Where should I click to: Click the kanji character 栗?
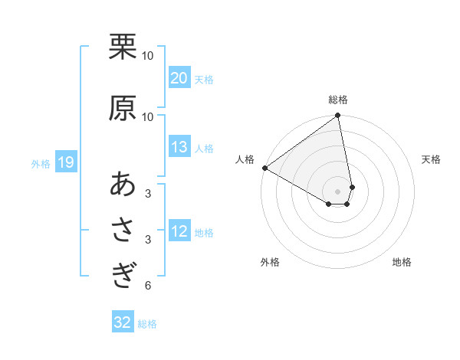[x=123, y=47]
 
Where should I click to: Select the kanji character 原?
[x=123, y=109]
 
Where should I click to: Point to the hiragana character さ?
[x=123, y=231]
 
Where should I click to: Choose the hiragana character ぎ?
[x=123, y=274]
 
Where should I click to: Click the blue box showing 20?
[x=179, y=78]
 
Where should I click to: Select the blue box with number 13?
[x=179, y=147]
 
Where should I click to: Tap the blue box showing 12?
[x=179, y=231]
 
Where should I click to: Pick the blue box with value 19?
[x=65, y=162]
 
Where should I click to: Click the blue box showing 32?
[x=123, y=322]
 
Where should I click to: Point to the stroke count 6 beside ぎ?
[x=147, y=286]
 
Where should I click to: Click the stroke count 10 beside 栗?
[x=148, y=55]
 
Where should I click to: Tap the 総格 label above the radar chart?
[x=338, y=100]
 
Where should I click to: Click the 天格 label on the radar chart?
[x=432, y=159]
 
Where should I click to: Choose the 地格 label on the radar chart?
[x=402, y=263]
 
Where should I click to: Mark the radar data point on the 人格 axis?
[x=264, y=168]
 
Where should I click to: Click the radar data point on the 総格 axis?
[x=338, y=116]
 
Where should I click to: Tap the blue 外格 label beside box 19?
[x=41, y=163]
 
